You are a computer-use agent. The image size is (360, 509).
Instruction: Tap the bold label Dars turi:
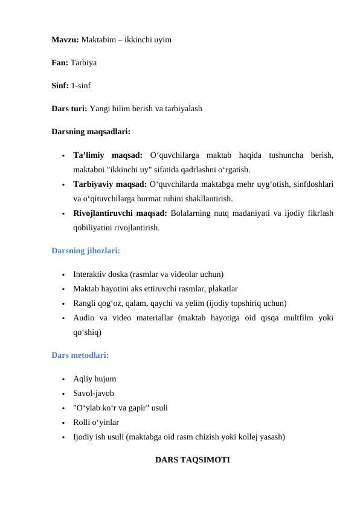(69, 109)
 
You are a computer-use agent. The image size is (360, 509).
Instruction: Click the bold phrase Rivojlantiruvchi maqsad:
(120, 213)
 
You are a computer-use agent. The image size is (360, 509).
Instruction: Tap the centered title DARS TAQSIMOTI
(193, 460)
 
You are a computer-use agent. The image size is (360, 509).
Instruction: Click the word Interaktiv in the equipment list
(91, 274)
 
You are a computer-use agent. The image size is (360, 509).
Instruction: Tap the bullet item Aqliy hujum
(95, 380)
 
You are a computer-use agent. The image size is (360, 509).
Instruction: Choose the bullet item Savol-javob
(93, 394)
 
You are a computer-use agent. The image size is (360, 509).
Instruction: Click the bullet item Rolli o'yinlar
(96, 423)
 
